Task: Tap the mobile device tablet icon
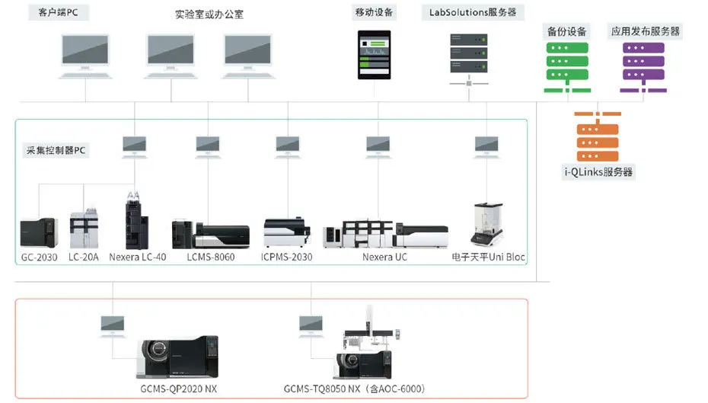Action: coord(375,55)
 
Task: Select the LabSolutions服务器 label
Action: coord(473,12)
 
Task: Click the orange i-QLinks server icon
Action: coord(598,136)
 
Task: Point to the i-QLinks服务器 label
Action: coord(598,172)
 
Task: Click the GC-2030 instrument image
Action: coord(38,233)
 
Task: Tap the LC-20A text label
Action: coord(84,257)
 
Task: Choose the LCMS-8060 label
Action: coord(211,257)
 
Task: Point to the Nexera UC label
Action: coord(385,257)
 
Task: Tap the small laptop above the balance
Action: coord(486,143)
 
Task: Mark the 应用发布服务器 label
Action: coord(646,31)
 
